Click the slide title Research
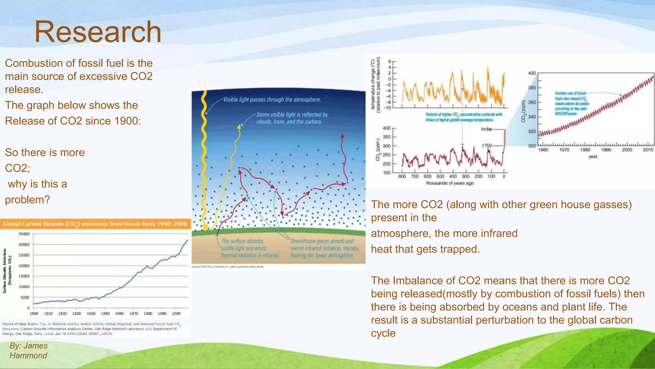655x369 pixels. [98, 32]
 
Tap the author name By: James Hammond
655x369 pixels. [28, 350]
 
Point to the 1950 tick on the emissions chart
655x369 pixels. [105, 314]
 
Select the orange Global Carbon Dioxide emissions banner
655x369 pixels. [95, 224]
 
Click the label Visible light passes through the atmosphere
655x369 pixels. [272, 100]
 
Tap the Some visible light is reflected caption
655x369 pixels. [292, 118]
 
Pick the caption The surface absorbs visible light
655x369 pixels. [249, 248]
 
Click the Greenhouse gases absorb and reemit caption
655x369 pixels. [324, 248]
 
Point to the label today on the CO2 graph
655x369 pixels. [486, 129]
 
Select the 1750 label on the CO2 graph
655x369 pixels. [486, 145]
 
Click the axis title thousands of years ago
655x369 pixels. [450, 183]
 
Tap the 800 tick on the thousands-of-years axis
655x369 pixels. [402, 176]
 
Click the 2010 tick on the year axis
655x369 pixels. [648, 150]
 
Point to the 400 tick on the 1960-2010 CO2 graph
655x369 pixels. [532, 73]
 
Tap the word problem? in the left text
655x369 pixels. [28, 200]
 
